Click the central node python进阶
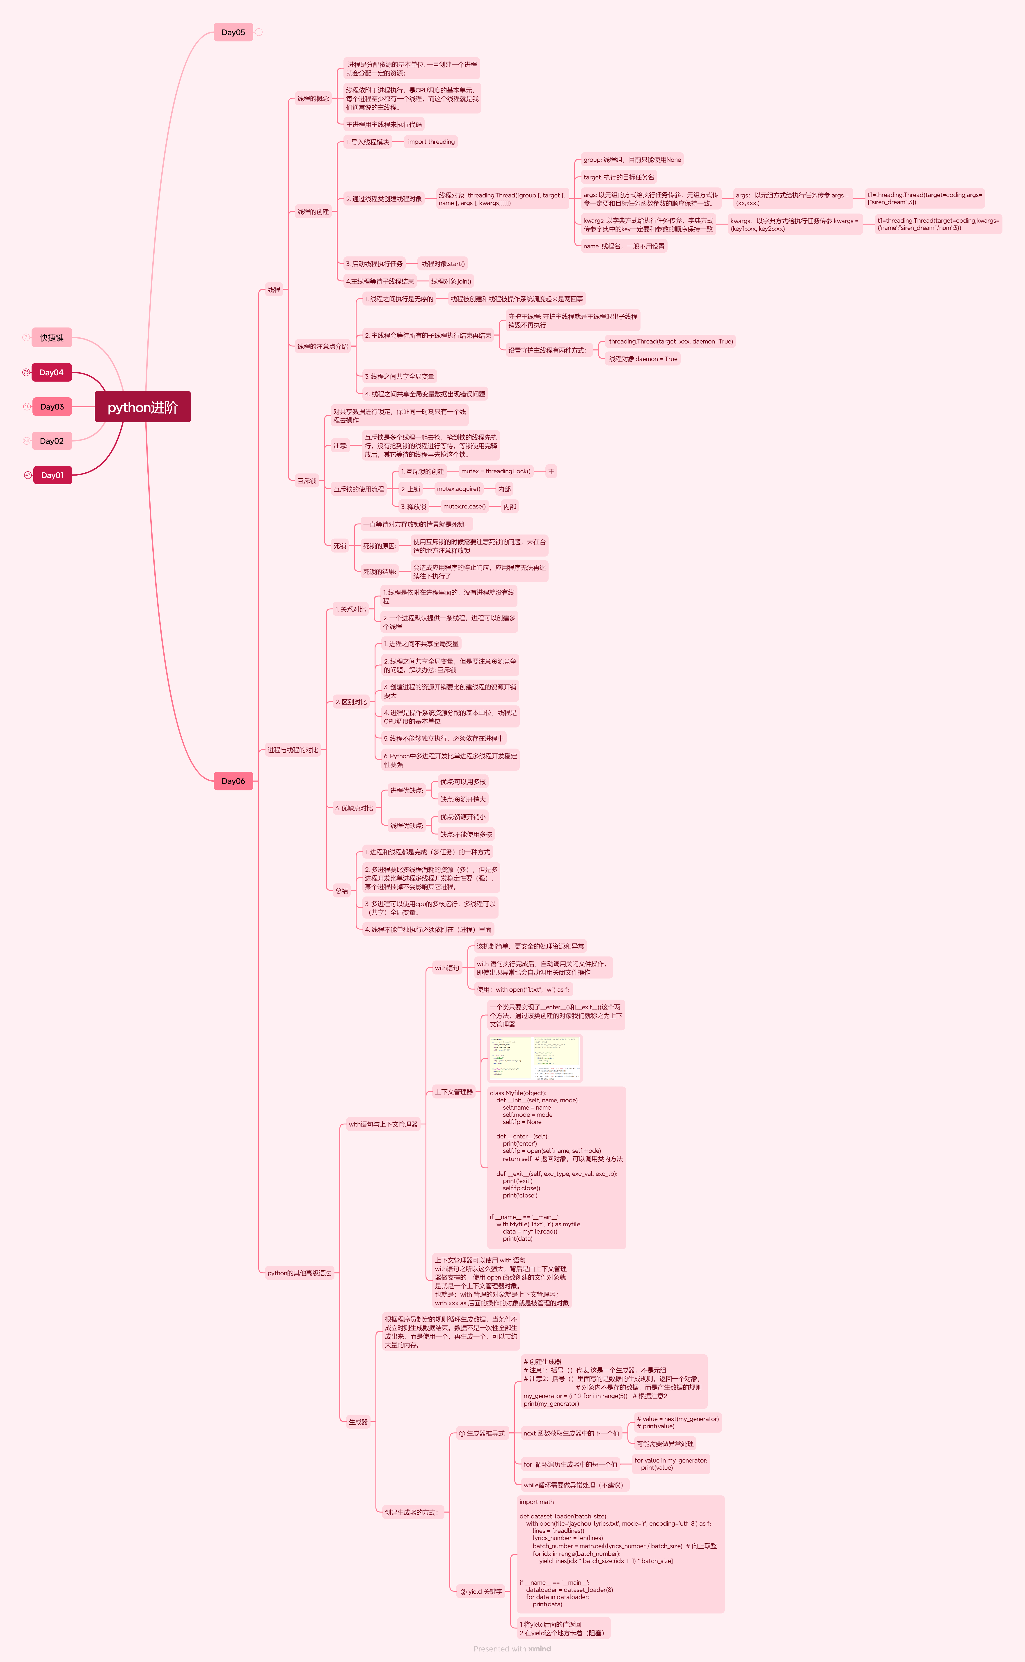pyautogui.click(x=142, y=407)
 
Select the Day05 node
pyautogui.click(x=233, y=32)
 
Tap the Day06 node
pyautogui.click(x=233, y=781)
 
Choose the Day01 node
pyautogui.click(x=52, y=475)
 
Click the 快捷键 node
pyautogui.click(x=52, y=338)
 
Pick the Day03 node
pyautogui.click(x=52, y=407)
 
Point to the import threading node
pyautogui.click(x=431, y=142)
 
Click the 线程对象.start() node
pyautogui.click(x=443, y=264)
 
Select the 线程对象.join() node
pyautogui.click(x=451, y=281)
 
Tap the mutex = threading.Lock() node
pyautogui.click(x=496, y=471)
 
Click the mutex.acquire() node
pyautogui.click(x=458, y=489)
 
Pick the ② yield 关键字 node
pyautogui.click(x=481, y=1591)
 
